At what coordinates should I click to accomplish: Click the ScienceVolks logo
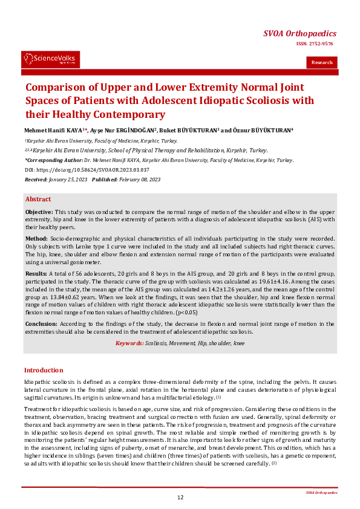coord(51,59)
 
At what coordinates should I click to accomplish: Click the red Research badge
coord(322,62)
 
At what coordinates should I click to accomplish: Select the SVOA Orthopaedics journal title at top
coord(299,34)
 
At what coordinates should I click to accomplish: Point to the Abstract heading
coord(38,199)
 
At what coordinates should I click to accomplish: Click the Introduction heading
coord(44,370)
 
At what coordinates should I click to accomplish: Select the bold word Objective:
coord(39,213)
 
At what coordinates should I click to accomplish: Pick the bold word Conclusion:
coord(41,324)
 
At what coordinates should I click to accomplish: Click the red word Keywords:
coord(129,343)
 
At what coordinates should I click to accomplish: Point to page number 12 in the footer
coord(180,497)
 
